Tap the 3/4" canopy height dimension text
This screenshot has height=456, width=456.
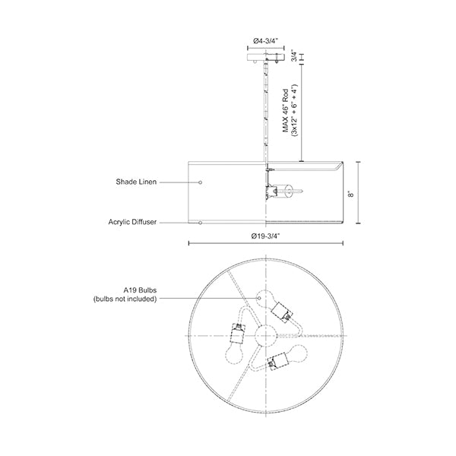[x=294, y=56]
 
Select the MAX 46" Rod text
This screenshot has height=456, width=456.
[x=286, y=110]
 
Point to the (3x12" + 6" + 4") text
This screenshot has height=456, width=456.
[x=295, y=110]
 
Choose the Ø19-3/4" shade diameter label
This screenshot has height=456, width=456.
[x=265, y=236]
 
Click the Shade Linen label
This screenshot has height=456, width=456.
[x=136, y=182]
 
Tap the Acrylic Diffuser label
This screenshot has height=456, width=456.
[x=132, y=222]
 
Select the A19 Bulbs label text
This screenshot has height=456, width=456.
[x=140, y=290]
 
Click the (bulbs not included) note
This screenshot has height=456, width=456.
[x=125, y=299]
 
